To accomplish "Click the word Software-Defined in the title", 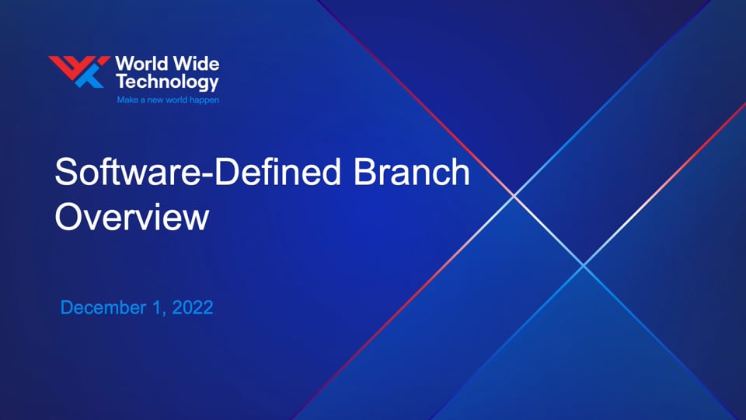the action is (x=198, y=171).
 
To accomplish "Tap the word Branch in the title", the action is (x=412, y=171).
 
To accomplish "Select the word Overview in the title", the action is (x=132, y=217).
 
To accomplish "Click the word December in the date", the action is (x=103, y=308).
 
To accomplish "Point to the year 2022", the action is (x=192, y=308).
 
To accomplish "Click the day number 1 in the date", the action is (x=156, y=308).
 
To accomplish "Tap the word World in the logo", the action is (x=141, y=64).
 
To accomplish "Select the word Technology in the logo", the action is (x=168, y=82).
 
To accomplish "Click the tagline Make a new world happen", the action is (x=168, y=100).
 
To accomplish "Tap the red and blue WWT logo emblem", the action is (x=79, y=72).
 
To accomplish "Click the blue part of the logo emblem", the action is (x=90, y=77).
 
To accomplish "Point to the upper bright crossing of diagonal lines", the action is (x=514, y=195).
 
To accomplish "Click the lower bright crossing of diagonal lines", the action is (x=584, y=265).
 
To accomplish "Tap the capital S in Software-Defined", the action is (x=65, y=171).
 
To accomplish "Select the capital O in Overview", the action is (x=69, y=217).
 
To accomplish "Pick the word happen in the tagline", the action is (x=204, y=100).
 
